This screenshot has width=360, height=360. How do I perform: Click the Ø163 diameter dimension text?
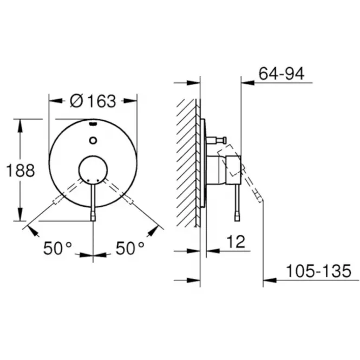[93, 101]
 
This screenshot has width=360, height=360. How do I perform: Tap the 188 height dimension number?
[21, 171]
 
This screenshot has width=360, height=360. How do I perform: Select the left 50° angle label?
[57, 248]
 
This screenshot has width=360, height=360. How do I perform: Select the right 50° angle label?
[130, 248]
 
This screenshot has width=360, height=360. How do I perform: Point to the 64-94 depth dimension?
[282, 74]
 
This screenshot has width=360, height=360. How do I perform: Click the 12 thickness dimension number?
[236, 241]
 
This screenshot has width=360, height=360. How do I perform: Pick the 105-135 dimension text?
[319, 271]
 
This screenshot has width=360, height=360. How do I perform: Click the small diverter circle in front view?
[93, 140]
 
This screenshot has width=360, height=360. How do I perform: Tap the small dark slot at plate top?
[93, 124]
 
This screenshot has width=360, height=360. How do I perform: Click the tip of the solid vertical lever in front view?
[93, 221]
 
